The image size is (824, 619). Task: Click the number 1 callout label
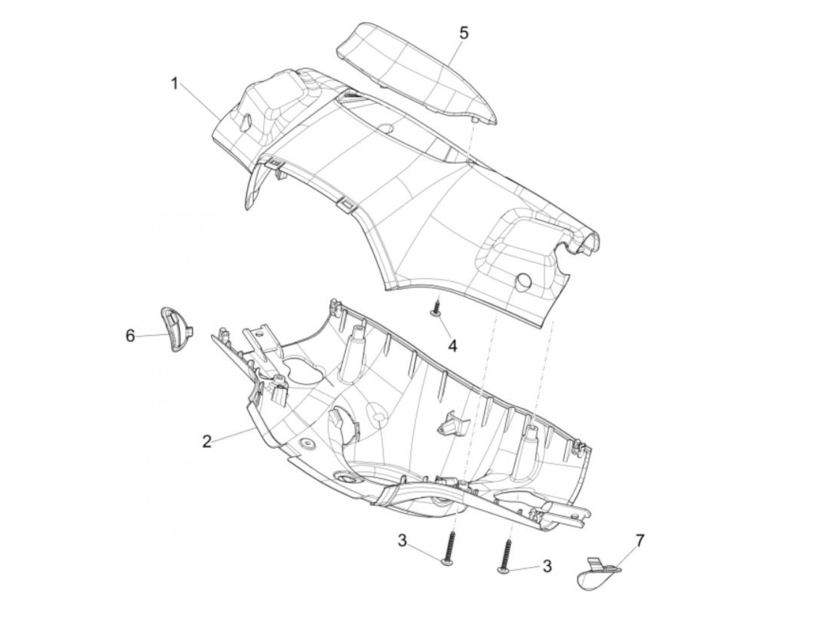pos(174,84)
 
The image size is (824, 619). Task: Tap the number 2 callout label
pos(206,441)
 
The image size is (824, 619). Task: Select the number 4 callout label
pos(452,345)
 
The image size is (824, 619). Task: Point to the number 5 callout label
pos(464,34)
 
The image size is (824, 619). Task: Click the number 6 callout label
pos(130,335)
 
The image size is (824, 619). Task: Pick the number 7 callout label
pos(640,540)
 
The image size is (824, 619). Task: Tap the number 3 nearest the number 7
pos(547,566)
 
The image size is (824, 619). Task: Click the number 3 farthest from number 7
pos(402,541)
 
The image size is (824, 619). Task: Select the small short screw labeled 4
pos(436,308)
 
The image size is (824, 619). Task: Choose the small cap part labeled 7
pos(596,571)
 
